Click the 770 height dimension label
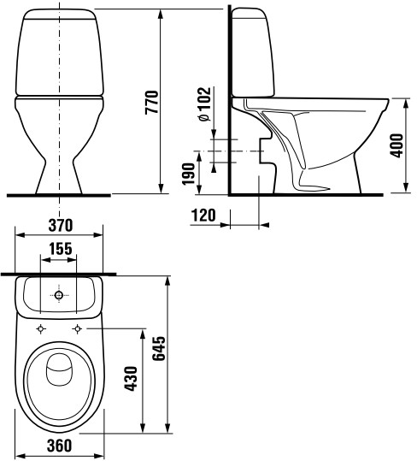[152, 102]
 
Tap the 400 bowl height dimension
[397, 145]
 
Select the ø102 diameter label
[204, 104]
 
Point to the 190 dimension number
[189, 174]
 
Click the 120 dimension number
[203, 216]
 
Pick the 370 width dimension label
[60, 226]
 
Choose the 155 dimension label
[60, 249]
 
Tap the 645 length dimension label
[160, 348]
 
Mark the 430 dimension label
[131, 378]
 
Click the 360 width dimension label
[59, 446]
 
